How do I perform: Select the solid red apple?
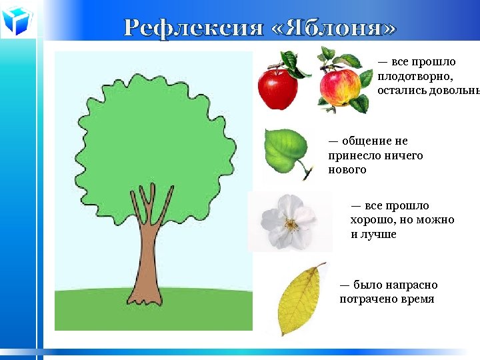278,89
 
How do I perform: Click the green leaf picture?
287,152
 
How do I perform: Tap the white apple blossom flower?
288,221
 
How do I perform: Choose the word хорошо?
373,220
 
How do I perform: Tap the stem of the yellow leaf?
320,266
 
